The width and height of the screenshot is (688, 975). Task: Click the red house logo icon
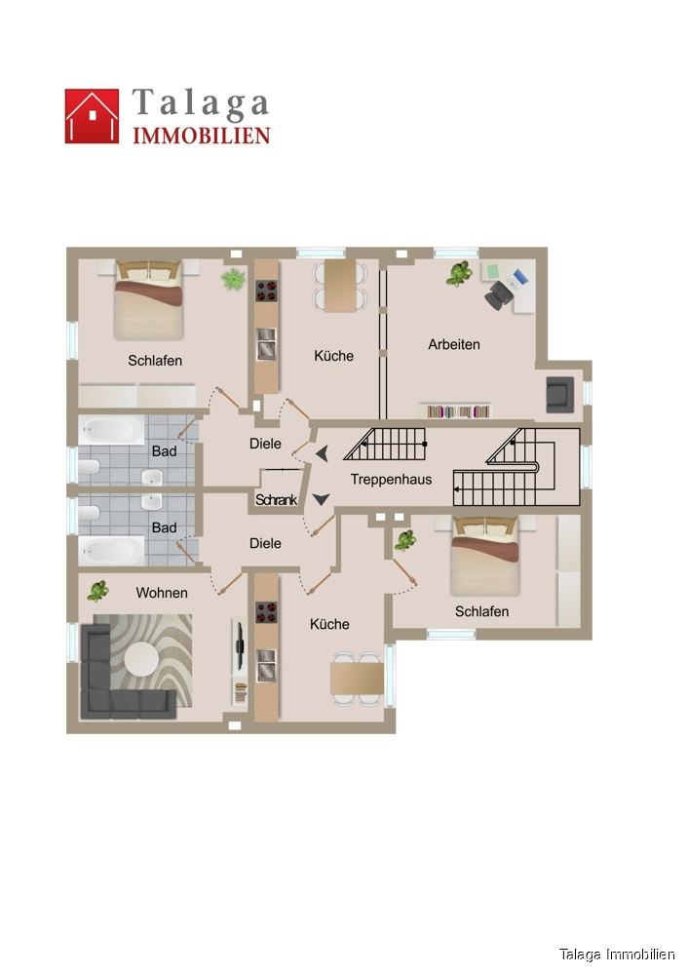pyautogui.click(x=92, y=116)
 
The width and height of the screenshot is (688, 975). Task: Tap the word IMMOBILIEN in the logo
pyautogui.click(x=202, y=136)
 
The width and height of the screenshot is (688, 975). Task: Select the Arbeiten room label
pyautogui.click(x=454, y=344)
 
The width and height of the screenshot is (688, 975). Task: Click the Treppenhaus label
pyautogui.click(x=391, y=480)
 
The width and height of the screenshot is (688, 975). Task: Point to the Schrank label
pyautogui.click(x=277, y=500)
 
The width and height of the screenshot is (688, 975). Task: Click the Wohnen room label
pyautogui.click(x=162, y=593)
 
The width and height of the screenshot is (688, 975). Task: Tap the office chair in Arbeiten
pyautogui.click(x=499, y=294)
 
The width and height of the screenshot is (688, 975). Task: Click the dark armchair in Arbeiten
pyautogui.click(x=559, y=395)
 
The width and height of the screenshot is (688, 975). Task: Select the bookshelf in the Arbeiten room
pyautogui.click(x=458, y=411)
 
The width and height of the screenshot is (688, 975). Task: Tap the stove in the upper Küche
pyautogui.click(x=267, y=291)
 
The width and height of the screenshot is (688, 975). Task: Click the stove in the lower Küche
pyautogui.click(x=267, y=612)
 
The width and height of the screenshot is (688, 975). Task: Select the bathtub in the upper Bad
pyautogui.click(x=112, y=430)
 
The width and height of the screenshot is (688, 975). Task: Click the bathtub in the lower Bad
pyautogui.click(x=112, y=550)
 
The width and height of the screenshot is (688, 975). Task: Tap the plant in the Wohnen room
pyautogui.click(x=97, y=591)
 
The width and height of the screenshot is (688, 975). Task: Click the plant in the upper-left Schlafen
pyautogui.click(x=233, y=279)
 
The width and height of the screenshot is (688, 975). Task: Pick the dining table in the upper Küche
pyautogui.click(x=340, y=286)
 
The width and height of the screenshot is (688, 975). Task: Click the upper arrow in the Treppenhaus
pyautogui.click(x=322, y=454)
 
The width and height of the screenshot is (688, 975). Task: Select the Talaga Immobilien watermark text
pyautogui.click(x=617, y=955)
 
